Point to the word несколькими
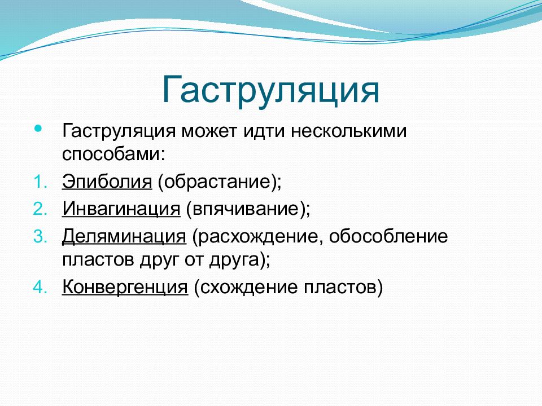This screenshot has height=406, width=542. [348, 131]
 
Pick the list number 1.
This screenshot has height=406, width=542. [40, 182]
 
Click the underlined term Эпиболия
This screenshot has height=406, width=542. [107, 182]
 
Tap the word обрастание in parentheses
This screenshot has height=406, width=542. [216, 181]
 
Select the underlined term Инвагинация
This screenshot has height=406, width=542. [121, 209]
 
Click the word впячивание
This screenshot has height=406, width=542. [246, 209]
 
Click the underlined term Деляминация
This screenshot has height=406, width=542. [124, 237]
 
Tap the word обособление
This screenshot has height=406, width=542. [388, 236]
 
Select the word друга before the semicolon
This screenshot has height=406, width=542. [234, 259]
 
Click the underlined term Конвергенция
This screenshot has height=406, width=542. [125, 287]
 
